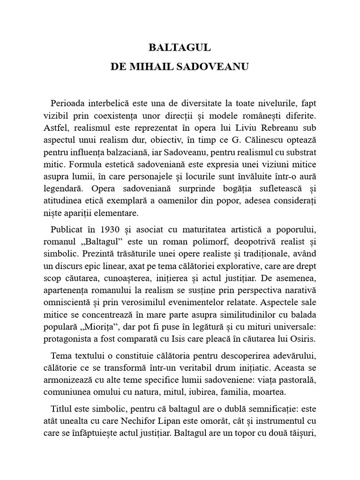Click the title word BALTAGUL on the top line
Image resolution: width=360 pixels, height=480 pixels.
(180, 47)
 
